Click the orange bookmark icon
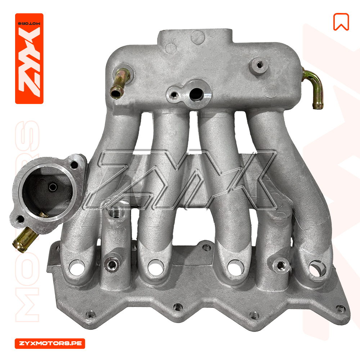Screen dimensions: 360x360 [341, 22]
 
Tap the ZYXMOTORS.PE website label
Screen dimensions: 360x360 [50, 343]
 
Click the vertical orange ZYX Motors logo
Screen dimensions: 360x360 [29, 59]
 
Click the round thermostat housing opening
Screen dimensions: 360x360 [47, 190]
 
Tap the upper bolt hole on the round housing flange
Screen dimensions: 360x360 [74, 165]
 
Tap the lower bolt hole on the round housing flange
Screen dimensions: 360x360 [20, 219]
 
